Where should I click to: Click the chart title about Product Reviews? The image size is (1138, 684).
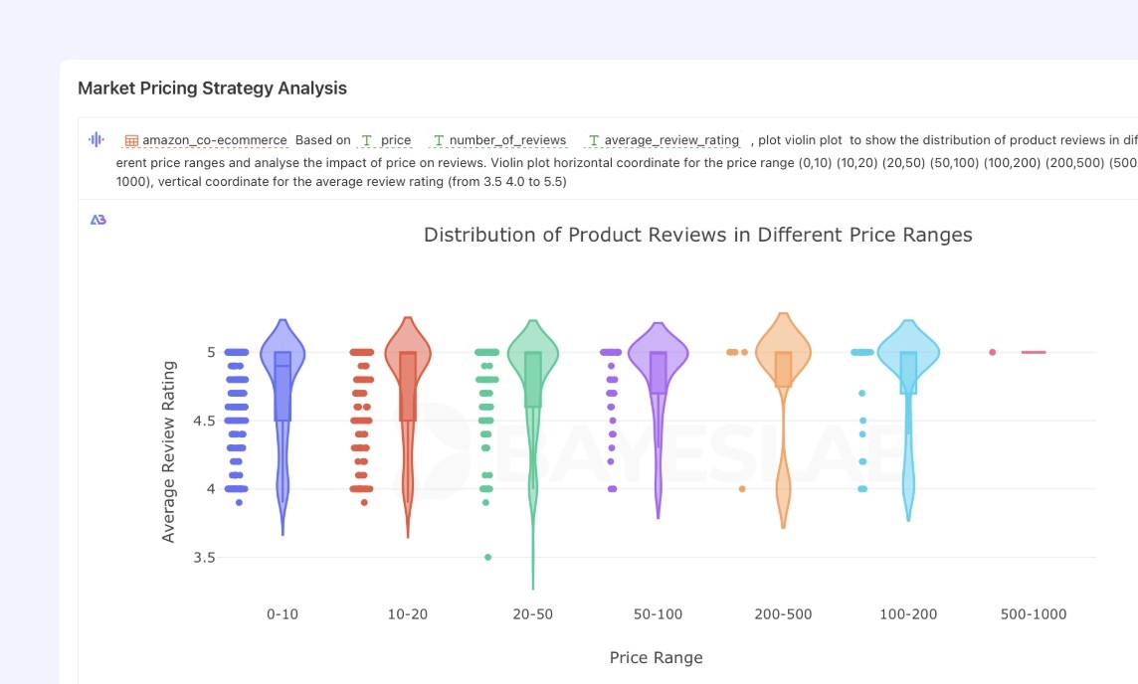[697, 235]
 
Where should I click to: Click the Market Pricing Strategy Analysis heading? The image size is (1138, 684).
[212, 87]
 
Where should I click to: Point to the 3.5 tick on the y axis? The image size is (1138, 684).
[204, 557]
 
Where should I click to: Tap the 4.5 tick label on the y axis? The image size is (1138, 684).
[204, 421]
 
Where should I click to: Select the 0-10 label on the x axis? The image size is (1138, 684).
[283, 614]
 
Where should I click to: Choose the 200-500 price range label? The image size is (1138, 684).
[783, 614]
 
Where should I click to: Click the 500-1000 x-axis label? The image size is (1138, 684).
[1034, 614]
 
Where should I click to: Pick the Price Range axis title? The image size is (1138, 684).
[657, 657]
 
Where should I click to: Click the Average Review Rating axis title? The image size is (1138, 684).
[168, 452]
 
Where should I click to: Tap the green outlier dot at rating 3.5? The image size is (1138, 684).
[487, 557]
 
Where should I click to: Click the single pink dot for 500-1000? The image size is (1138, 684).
[992, 353]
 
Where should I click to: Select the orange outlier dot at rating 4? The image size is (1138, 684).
[742, 489]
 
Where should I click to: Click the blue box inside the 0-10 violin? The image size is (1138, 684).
[283, 387]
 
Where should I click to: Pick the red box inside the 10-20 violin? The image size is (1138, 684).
[408, 387]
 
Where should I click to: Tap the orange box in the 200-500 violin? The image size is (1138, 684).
[783, 369]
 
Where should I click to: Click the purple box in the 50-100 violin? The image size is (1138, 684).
[659, 373]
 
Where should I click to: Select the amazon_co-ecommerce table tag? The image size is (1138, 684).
[206, 140]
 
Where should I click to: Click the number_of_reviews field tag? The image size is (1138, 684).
[500, 140]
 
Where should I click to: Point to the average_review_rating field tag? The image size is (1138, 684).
[664, 140]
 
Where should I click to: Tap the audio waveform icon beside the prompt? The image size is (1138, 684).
[96, 139]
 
